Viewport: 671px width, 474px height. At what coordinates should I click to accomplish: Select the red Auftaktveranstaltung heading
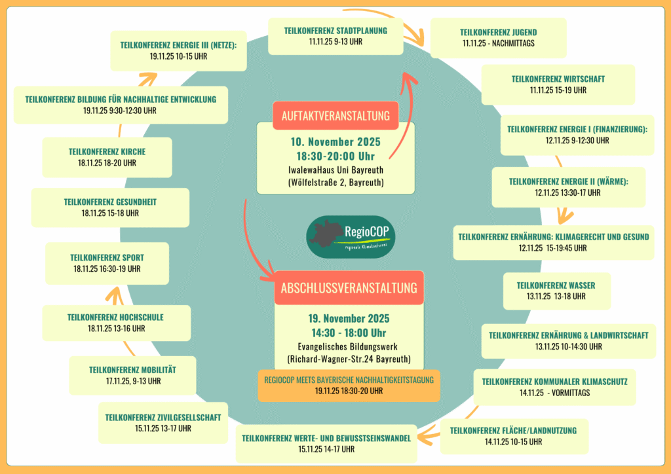click(335, 116)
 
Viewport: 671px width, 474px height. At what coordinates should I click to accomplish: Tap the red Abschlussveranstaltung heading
click(349, 288)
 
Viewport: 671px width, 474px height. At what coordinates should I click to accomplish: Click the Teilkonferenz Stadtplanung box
click(335, 36)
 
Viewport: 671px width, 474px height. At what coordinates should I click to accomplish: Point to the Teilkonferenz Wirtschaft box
click(558, 84)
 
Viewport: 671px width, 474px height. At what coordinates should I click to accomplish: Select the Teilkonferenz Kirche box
click(107, 157)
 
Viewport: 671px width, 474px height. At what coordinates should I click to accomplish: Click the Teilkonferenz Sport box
click(105, 263)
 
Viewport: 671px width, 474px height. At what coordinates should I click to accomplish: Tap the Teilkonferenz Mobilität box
click(132, 375)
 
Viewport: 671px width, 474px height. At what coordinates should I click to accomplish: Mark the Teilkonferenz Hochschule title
click(115, 318)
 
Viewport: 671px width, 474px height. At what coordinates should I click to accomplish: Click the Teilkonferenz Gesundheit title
click(110, 202)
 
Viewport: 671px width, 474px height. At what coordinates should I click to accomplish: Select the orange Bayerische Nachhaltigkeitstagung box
click(349, 385)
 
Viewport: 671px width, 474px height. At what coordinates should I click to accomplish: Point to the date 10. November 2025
click(335, 142)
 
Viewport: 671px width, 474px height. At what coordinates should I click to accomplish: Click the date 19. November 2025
click(349, 319)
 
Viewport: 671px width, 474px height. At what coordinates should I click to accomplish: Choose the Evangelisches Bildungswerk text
click(349, 346)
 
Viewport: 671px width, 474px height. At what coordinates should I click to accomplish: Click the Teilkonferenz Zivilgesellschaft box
click(167, 422)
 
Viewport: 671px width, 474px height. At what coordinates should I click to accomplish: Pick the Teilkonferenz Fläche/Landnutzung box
click(513, 436)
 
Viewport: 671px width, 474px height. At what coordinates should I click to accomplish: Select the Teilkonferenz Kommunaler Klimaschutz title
click(564, 381)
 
